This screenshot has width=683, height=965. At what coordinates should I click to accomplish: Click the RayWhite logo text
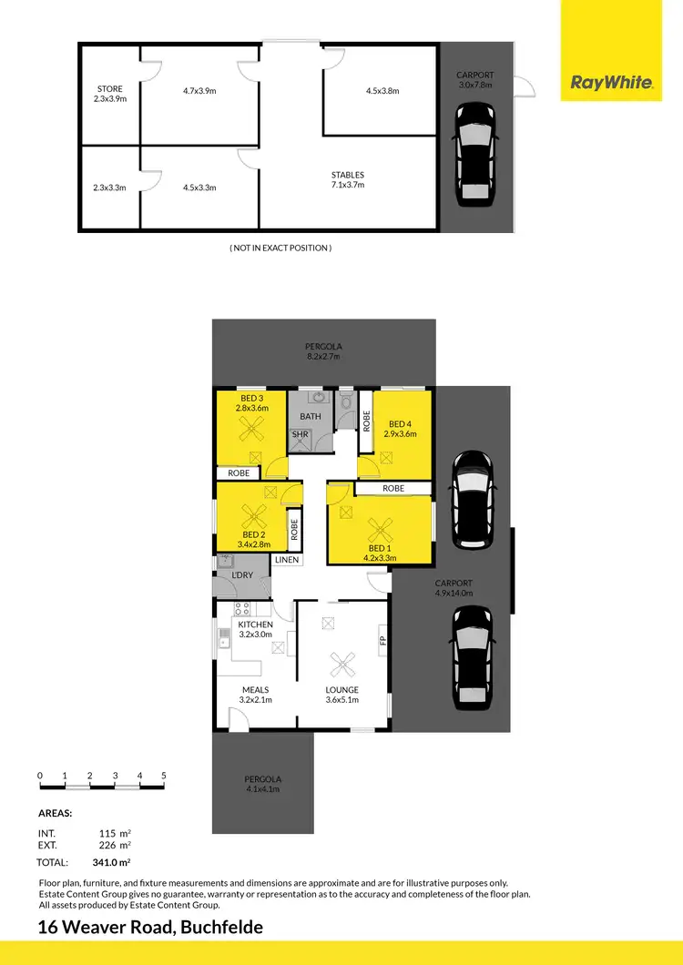[611, 83]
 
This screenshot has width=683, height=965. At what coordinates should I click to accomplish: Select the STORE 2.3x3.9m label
[110, 94]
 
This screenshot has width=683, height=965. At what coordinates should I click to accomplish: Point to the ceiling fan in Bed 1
[378, 527]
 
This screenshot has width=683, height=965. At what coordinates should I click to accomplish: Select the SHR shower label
[300, 436]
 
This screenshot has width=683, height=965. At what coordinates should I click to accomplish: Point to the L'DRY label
[241, 576]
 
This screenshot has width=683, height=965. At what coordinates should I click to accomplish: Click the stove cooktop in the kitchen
[243, 609]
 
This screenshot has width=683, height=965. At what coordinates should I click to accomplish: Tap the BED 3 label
[251, 399]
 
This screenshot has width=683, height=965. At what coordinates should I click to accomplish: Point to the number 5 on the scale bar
[164, 775]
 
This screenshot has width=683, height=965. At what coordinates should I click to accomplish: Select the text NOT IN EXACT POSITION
[280, 248]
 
